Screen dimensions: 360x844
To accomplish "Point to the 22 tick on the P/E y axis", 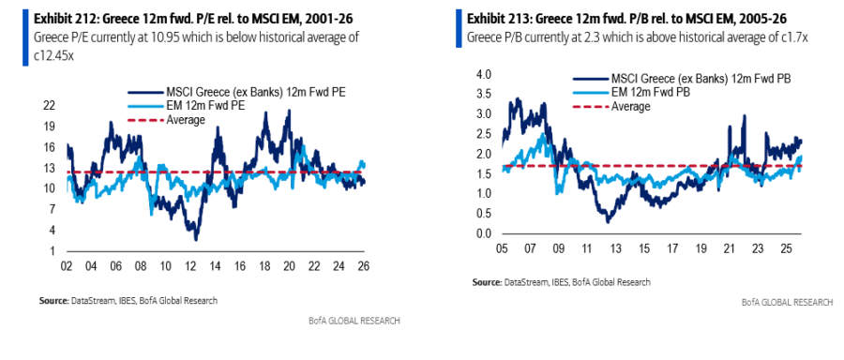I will coord(50,106).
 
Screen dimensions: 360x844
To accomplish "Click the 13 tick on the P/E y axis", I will coord(50,168).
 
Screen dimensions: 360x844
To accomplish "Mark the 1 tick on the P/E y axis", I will coord(53,251).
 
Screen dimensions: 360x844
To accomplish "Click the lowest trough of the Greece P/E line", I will coord(197,240).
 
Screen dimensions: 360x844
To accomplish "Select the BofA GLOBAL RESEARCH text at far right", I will coord(786,303).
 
